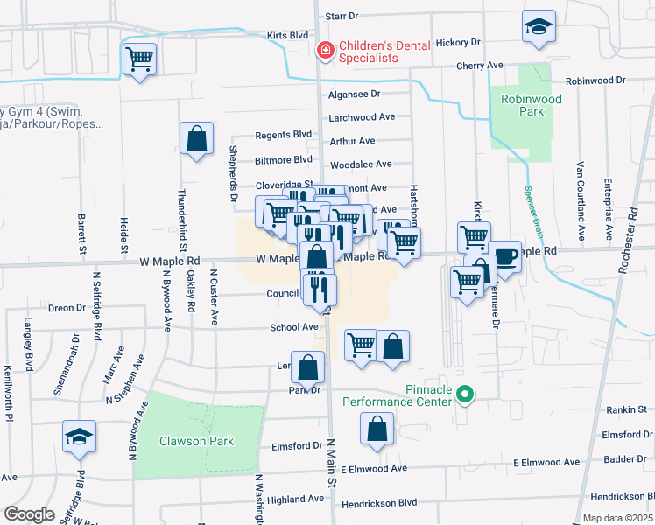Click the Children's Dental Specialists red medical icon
tap(325, 52)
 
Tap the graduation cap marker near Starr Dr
tap(538, 27)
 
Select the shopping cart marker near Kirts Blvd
tap(140, 59)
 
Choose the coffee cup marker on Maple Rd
tap(504, 255)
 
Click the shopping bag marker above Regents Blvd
tap(196, 138)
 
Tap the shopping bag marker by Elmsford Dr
tap(377, 430)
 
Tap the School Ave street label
tap(293, 326)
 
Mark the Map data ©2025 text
tap(617, 518)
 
